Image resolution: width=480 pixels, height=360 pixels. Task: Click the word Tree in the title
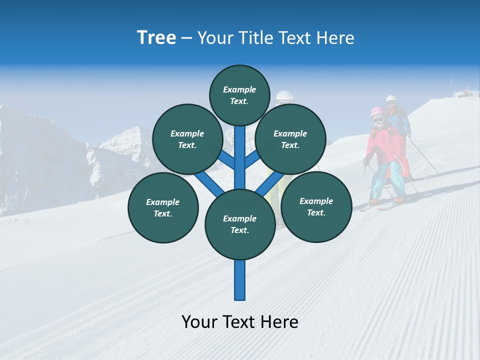pyautogui.click(x=156, y=38)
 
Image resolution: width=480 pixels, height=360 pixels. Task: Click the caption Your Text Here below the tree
pyautogui.click(x=239, y=321)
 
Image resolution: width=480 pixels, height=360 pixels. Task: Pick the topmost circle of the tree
pyautogui.click(x=239, y=95)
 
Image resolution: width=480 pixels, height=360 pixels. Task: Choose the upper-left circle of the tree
pyautogui.click(x=187, y=139)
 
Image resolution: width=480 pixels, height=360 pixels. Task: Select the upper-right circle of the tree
pyautogui.click(x=290, y=139)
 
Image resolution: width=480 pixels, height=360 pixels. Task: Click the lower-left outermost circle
pyautogui.click(x=162, y=207)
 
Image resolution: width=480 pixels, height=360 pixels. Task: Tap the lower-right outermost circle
pyautogui.click(x=316, y=206)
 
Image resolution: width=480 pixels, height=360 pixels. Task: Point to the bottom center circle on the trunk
pyautogui.click(x=239, y=224)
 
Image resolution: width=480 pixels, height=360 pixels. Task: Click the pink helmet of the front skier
pyautogui.click(x=377, y=112)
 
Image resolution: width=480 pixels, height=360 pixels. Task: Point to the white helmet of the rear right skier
pyautogui.click(x=391, y=99)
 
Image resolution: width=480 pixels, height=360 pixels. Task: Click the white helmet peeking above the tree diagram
pyautogui.click(x=285, y=96)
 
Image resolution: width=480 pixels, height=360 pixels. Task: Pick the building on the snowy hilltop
pyautogui.click(x=465, y=93)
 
